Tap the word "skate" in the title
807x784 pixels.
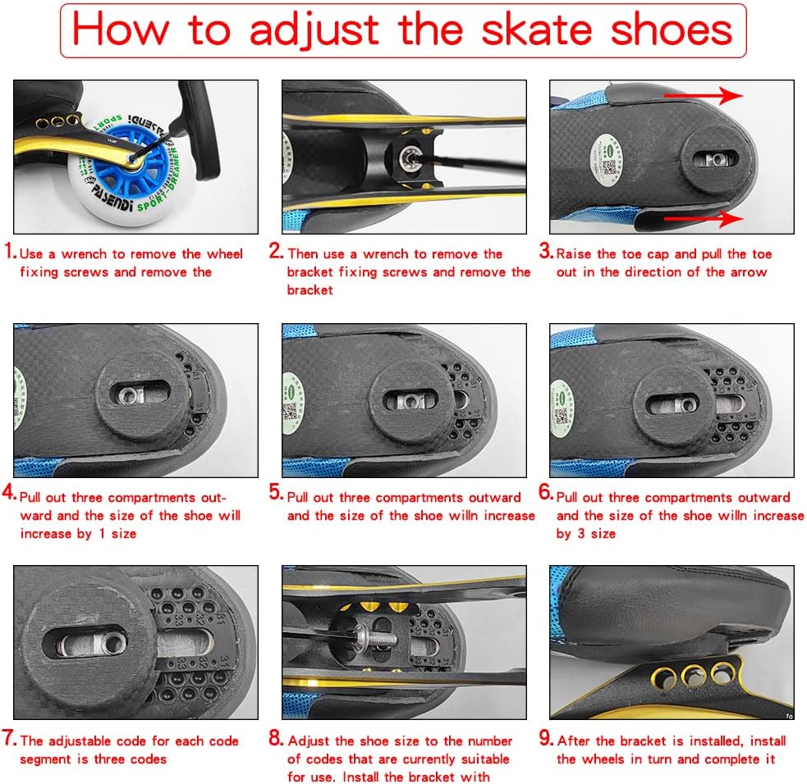(536, 30)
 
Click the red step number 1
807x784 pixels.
(9, 253)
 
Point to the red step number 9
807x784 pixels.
(545, 740)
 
